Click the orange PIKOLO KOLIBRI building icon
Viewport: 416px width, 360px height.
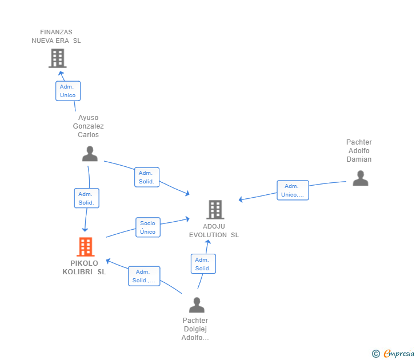point(86,247)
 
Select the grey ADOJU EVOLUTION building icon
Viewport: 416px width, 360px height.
point(215,210)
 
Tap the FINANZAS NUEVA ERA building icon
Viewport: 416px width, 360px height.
point(58,58)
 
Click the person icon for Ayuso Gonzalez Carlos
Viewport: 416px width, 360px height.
point(90,154)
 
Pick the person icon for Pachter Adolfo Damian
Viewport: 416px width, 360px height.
point(361,178)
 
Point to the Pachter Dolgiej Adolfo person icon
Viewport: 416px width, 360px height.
point(197,305)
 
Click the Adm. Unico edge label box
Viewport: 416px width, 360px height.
point(68,91)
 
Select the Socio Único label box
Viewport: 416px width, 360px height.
point(148,227)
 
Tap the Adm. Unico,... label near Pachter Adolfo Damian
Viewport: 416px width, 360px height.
point(293,190)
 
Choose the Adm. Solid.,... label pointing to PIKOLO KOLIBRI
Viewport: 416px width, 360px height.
point(144,276)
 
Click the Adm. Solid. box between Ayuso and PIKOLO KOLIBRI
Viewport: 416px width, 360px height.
point(86,198)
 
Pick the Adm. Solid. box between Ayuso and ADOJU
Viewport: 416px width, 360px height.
point(147,177)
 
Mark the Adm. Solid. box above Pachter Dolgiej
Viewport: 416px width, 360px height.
point(203,264)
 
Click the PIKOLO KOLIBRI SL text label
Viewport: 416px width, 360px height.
point(84,267)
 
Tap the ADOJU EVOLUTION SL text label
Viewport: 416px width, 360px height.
point(214,230)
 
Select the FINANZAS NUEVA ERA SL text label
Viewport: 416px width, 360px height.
point(56,37)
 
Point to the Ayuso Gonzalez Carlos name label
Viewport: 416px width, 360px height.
point(89,126)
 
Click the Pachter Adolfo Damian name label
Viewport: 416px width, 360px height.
point(359,151)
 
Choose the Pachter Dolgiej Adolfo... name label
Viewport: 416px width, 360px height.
point(195,329)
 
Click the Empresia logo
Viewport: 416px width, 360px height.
point(393,353)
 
